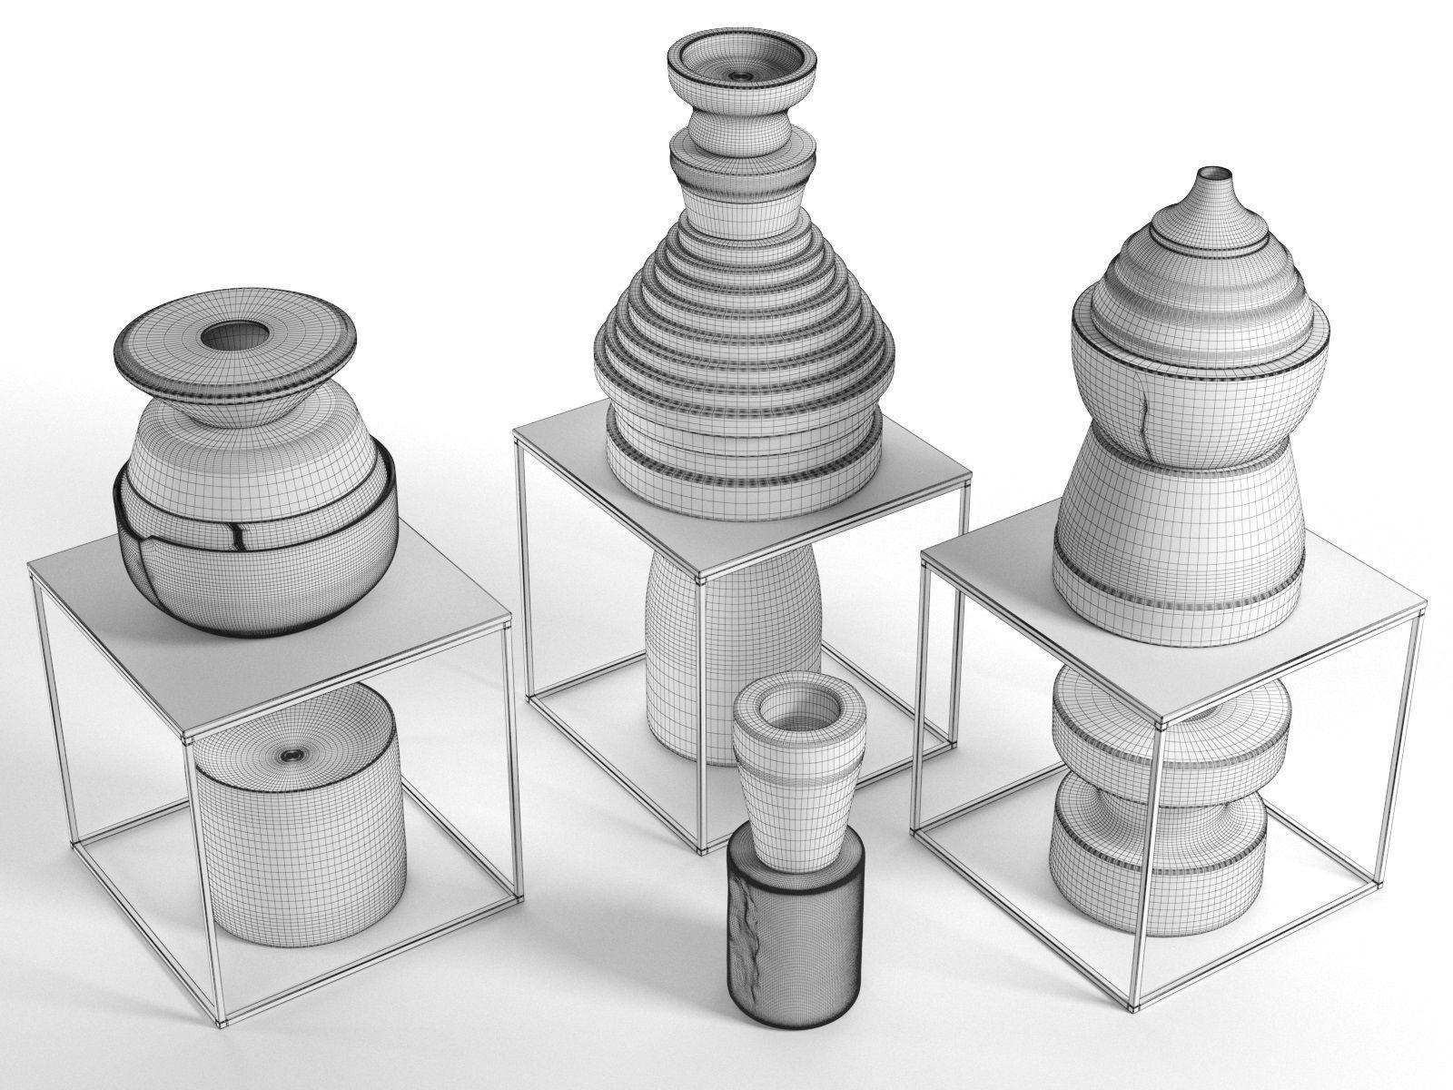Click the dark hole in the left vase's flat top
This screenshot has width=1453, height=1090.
[x=232, y=338]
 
